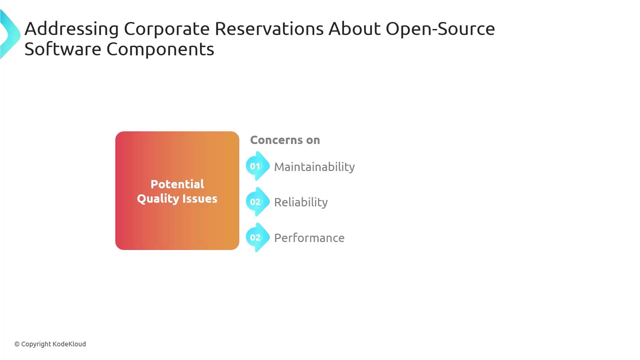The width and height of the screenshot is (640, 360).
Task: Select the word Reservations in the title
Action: [269, 29]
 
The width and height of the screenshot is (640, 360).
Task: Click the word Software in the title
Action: [63, 49]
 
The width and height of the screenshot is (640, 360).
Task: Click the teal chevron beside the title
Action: [10, 34]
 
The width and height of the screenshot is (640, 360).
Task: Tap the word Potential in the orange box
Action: [177, 184]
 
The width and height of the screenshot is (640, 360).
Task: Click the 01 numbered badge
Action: [257, 166]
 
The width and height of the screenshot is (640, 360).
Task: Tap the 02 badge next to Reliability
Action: [257, 202]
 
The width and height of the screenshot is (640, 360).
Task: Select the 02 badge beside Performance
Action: [257, 237]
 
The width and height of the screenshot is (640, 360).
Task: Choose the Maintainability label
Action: [314, 167]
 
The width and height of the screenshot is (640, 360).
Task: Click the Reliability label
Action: [301, 202]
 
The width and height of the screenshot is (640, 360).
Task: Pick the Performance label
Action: [309, 238]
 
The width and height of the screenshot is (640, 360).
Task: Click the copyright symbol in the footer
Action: [17, 344]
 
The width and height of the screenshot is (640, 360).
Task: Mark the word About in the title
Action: [354, 29]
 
